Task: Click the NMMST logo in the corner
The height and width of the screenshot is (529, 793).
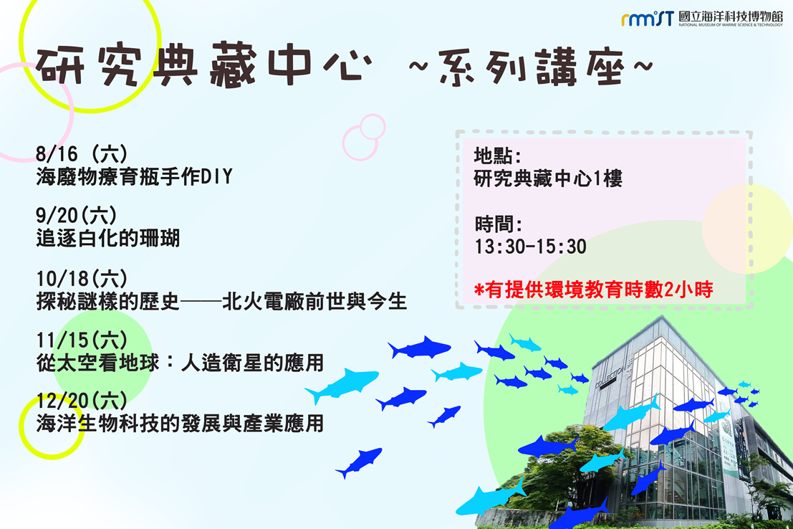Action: (x=648, y=19)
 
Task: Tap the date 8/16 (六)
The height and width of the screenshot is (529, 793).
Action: (x=82, y=154)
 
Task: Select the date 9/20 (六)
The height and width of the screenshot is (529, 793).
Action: (x=77, y=216)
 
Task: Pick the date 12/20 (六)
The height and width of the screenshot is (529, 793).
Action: (x=82, y=401)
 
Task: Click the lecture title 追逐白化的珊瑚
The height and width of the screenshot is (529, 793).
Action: (x=107, y=238)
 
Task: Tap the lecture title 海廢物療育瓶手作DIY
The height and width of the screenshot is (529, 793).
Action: (x=134, y=176)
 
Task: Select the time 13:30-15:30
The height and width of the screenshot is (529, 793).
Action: (x=531, y=247)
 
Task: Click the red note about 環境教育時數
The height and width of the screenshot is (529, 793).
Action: (x=594, y=290)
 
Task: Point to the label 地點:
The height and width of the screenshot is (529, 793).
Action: (x=498, y=156)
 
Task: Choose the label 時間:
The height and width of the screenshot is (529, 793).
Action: (x=498, y=224)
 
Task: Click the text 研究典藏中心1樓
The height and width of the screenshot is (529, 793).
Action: (x=548, y=178)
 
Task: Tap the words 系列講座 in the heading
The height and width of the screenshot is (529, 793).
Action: (x=531, y=67)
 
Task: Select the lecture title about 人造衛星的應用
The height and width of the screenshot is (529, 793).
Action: (x=180, y=363)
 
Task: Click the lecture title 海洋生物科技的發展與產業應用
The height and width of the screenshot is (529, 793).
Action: (x=180, y=424)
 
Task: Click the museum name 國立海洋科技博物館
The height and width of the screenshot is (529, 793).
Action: (x=731, y=16)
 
